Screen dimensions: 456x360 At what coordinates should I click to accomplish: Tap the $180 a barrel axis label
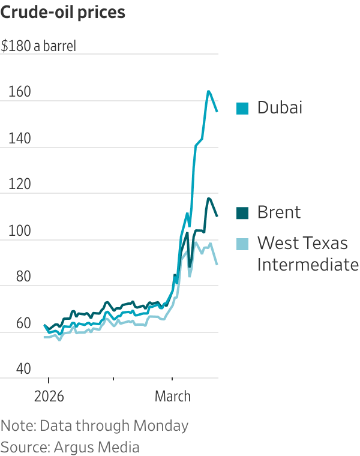coord(39,46)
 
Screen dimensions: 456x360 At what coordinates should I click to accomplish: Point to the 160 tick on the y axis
coord(19,93)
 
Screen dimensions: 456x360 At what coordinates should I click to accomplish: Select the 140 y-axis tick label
coord(19,139)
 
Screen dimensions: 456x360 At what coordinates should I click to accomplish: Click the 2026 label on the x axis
coord(48,397)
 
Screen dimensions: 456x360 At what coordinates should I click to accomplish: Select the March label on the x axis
coord(173,397)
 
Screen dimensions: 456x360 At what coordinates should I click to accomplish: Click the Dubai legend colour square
coord(242,108)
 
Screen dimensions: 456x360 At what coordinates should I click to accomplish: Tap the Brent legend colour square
coord(242,212)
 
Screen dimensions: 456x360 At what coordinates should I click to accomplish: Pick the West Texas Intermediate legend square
coord(242,244)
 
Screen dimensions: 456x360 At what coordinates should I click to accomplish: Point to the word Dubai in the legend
coord(280,108)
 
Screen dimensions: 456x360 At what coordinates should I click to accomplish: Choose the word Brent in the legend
coord(279,212)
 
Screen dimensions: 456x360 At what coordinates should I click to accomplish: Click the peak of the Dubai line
coord(208,91)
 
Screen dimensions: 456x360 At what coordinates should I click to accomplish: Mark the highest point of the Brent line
coord(209,198)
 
